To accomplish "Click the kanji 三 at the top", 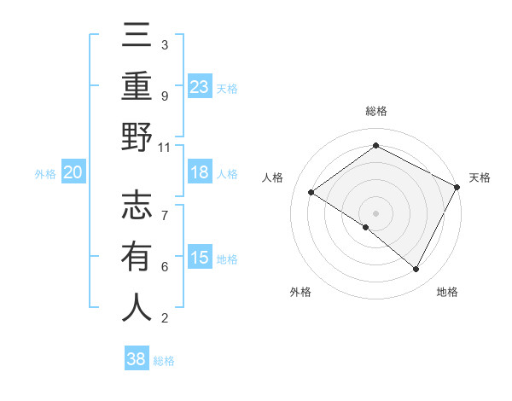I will coord(137,38).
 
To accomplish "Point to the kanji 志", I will coord(137,206).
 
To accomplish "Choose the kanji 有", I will coord(137,257).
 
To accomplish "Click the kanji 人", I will coord(137,307).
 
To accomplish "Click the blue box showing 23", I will coord(200,86).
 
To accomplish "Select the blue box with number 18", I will coord(200,171).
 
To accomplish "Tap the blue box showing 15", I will coord(200,257).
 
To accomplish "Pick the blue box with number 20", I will coord(73,172).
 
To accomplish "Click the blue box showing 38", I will coord(137,359).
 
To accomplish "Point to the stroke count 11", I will coord(164,147).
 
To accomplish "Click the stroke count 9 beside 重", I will coord(164,96).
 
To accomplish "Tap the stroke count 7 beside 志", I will coord(164,207).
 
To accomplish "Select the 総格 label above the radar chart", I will coord(375,111).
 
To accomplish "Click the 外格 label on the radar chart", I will coord(300,292).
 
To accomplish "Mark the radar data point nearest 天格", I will coord(457,187).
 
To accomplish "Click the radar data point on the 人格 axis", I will coord(311,193).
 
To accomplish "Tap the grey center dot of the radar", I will coord(375,212).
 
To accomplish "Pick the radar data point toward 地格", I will coord(416,270).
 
